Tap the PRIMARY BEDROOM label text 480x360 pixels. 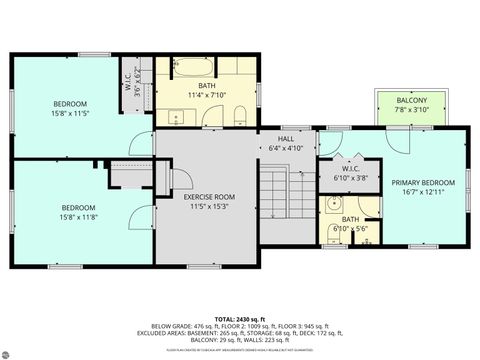click(x=423, y=182)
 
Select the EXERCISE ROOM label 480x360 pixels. click(x=208, y=197)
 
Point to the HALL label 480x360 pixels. click(x=287, y=139)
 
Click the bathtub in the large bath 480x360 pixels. click(x=191, y=70)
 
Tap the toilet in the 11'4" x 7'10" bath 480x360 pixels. click(x=235, y=118)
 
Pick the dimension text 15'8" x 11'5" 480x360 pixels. click(x=70, y=114)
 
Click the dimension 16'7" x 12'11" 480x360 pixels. click(x=423, y=192)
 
